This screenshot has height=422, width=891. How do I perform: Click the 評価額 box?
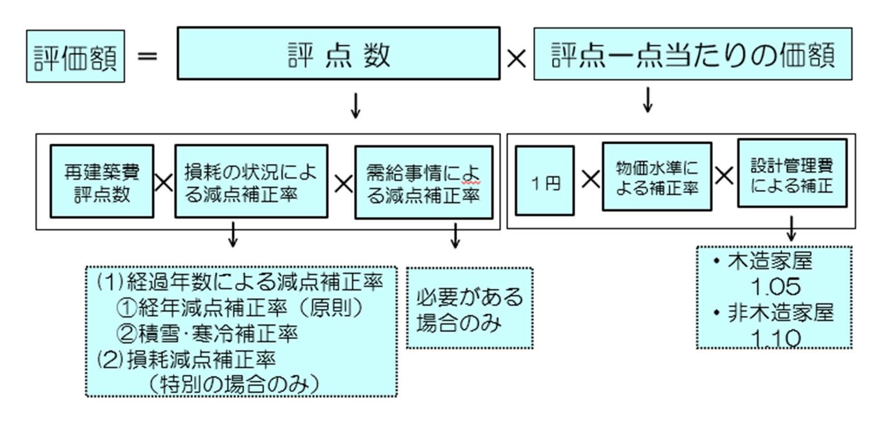(76, 56)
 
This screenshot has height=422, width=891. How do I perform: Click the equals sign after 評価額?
(147, 56)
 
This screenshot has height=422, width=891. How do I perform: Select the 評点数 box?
(339, 54)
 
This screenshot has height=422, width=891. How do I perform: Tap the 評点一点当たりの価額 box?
(693, 54)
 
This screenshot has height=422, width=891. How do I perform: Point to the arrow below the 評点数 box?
(356, 106)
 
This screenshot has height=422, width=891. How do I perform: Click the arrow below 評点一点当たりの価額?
(648, 100)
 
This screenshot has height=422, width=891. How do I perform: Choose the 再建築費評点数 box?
(102, 181)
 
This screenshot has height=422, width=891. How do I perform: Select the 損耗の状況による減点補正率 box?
(251, 181)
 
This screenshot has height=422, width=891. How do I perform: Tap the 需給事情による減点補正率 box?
(424, 182)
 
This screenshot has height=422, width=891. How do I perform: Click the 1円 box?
(545, 181)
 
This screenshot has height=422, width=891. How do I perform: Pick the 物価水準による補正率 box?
(657, 177)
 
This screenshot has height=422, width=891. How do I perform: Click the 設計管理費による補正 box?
(792, 174)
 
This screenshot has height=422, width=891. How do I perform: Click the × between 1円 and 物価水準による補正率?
(590, 179)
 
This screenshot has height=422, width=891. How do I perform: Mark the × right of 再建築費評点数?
(164, 183)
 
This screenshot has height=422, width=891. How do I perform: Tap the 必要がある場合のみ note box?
(470, 308)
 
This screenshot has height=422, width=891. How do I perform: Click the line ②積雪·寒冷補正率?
(207, 333)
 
